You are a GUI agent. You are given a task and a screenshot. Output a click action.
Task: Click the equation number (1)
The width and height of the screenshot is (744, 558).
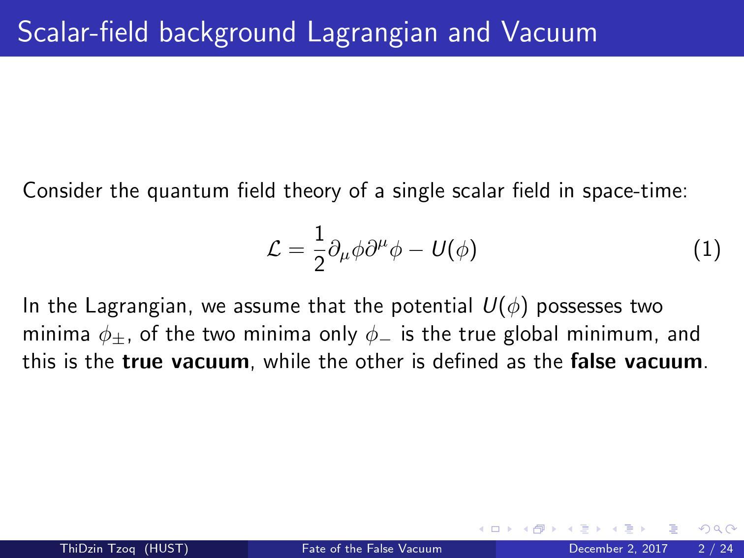pos(707,249)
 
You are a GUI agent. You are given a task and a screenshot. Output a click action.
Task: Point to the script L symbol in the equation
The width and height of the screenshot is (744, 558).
pos(274,249)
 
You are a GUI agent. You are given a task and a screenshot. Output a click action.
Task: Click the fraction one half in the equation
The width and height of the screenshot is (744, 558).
pos(319,249)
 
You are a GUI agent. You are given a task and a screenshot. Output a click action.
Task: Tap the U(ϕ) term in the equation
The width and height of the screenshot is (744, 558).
pos(454,249)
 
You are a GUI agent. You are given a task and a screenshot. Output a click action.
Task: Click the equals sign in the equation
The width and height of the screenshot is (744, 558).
pos(297,250)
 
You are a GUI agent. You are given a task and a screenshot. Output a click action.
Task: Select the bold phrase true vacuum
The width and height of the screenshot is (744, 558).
pos(186,362)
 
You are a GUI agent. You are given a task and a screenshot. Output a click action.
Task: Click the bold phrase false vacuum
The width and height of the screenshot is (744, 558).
pos(636,362)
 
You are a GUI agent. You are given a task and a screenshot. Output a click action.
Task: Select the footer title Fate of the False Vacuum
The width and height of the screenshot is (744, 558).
pos(372,549)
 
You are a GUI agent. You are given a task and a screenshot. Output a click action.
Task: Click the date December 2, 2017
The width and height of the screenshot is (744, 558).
pos(618,549)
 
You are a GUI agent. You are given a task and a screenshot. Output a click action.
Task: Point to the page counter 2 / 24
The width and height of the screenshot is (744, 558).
pos(715,549)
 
